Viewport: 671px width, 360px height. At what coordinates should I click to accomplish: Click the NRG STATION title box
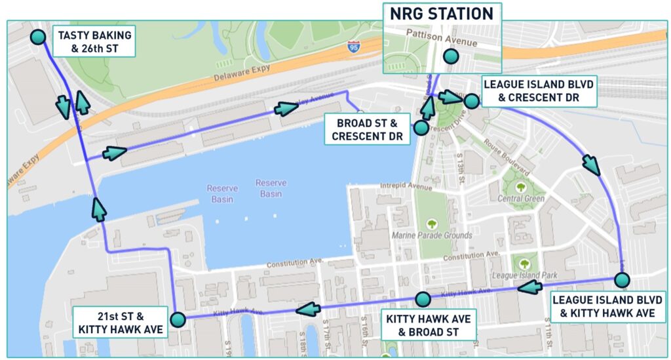tap(442, 14)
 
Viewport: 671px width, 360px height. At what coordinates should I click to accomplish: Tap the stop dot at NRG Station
tap(450, 56)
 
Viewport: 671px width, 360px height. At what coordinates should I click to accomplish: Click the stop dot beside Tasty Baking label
tap(39, 37)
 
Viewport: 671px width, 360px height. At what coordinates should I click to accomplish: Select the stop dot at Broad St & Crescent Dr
tap(421, 128)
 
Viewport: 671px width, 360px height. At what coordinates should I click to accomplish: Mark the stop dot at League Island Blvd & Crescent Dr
tap(471, 100)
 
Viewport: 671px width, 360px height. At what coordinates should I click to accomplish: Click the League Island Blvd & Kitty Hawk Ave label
tap(603, 306)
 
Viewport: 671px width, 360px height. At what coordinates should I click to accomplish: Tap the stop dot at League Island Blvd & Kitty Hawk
tap(622, 280)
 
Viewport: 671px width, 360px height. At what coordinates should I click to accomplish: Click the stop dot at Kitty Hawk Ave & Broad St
tap(423, 300)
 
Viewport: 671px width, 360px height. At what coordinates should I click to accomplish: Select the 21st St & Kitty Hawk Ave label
tap(119, 321)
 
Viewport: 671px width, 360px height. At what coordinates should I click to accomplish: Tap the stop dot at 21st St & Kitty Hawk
tap(178, 319)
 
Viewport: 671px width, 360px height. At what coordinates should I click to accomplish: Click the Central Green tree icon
tap(521, 187)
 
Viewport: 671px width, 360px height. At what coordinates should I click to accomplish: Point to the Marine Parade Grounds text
tap(431, 235)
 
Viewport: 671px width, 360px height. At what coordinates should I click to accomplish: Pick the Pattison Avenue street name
tap(442, 39)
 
